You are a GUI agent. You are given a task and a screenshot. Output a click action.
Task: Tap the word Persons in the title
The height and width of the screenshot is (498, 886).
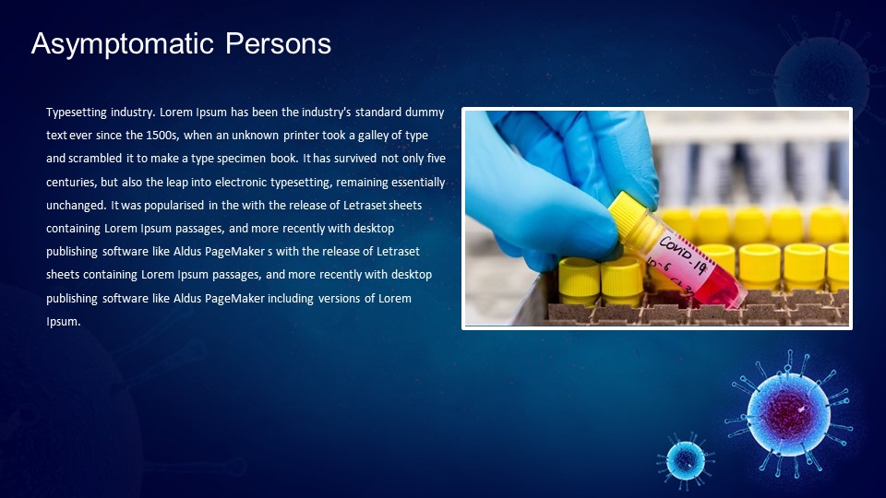pos(279,43)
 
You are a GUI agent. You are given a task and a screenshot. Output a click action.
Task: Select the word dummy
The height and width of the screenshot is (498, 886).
pos(426,112)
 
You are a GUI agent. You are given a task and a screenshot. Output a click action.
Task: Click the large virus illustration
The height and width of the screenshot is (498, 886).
pos(786,413)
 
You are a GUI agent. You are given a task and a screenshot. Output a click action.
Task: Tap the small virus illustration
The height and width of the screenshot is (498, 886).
pos(685,457)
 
